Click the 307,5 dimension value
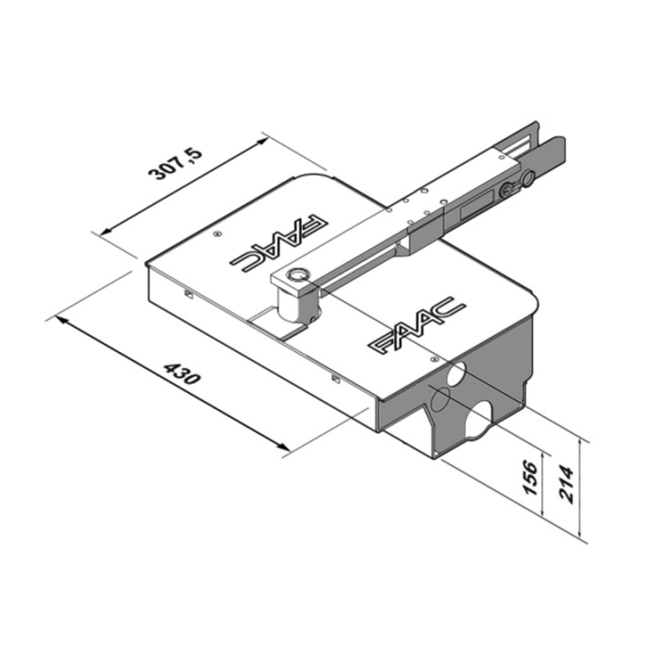click(176, 160)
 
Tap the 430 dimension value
click(180, 374)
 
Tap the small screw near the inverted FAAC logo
click(216, 234)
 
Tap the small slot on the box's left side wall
click(187, 294)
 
